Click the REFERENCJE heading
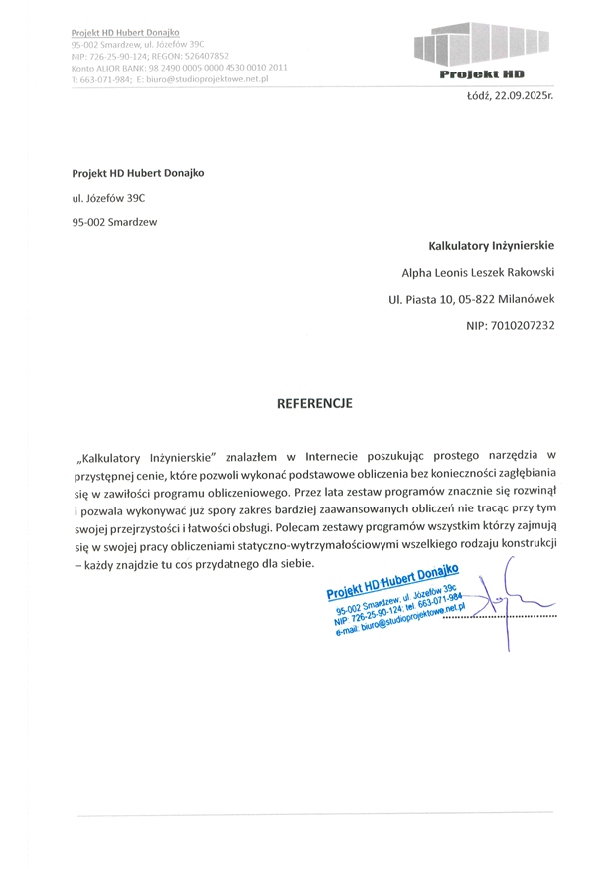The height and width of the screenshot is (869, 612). (313, 404)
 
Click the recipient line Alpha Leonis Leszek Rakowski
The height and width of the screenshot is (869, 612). (478, 271)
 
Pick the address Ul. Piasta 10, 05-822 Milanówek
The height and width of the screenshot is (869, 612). (472, 298)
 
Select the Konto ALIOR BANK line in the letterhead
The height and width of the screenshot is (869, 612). (179, 68)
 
